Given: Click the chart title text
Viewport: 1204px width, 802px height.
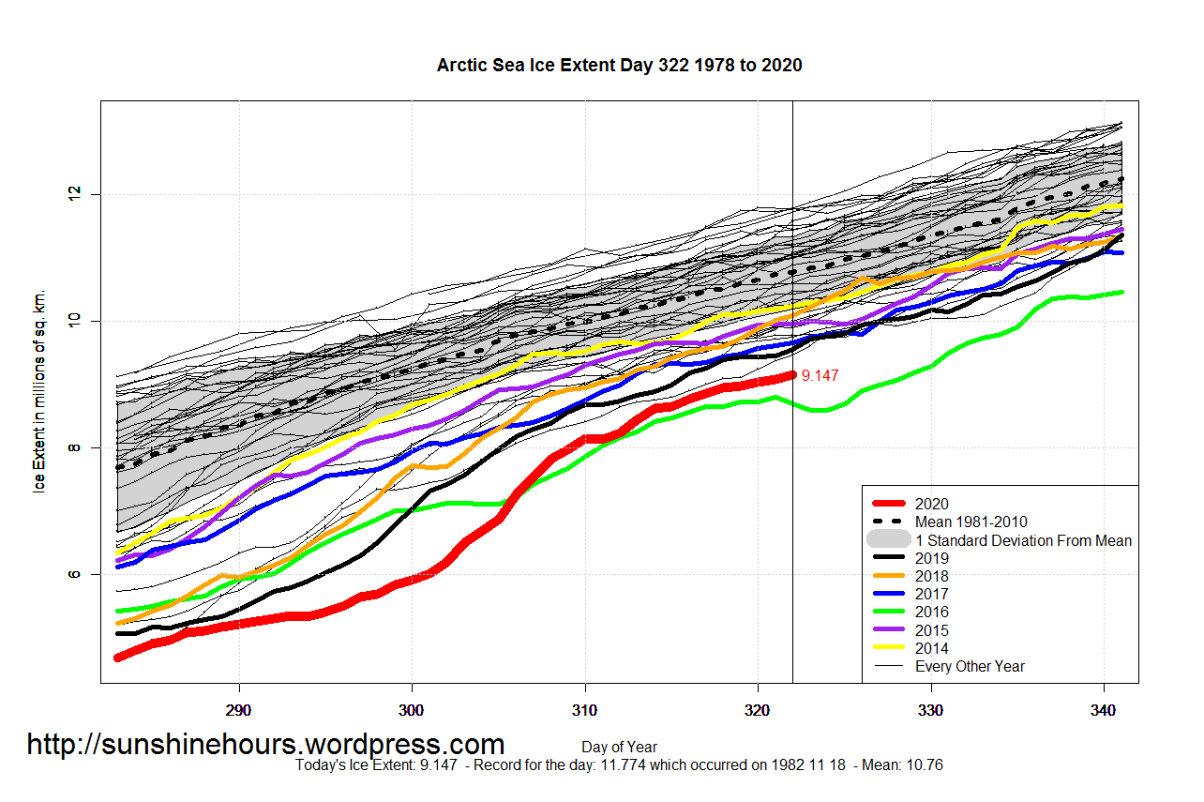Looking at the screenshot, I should (x=619, y=65).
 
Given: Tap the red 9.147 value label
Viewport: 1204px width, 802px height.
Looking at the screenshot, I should (x=820, y=375).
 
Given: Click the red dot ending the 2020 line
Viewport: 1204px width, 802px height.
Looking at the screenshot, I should (x=792, y=374).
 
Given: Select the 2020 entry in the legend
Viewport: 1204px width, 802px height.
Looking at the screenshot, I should (x=931, y=504).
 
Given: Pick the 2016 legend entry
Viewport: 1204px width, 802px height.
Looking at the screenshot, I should (x=931, y=613).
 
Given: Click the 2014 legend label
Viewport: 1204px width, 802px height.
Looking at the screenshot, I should (x=931, y=648).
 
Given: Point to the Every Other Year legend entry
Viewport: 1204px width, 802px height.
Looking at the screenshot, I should (x=970, y=666).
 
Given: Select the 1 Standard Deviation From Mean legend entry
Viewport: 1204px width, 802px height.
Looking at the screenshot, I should (x=1023, y=540).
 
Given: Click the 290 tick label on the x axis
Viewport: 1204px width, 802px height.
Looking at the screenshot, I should (x=239, y=710).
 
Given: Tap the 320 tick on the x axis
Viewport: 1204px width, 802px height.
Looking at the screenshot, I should (x=758, y=710).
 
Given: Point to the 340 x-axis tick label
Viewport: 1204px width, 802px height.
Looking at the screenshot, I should (x=1104, y=710).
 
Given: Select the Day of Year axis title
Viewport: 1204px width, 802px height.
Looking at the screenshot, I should (x=619, y=748).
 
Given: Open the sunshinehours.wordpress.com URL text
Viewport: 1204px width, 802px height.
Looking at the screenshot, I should (x=265, y=744).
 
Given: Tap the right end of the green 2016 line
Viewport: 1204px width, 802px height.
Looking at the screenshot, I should (x=1121, y=293).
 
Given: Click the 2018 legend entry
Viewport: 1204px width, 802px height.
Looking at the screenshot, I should (x=931, y=576).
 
